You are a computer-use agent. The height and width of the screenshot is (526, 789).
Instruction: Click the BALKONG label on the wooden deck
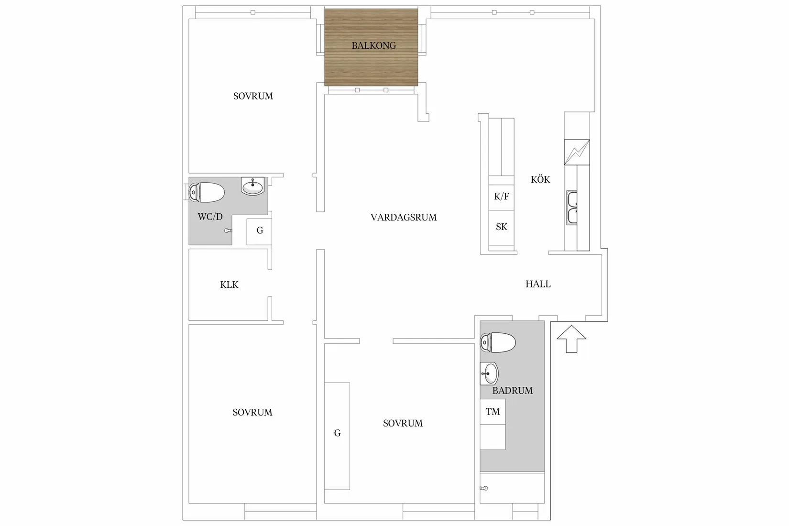coord(374,45)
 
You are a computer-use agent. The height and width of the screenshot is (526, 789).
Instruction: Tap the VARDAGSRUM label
coord(404,218)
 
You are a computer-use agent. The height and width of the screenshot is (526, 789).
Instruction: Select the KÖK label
coord(540,179)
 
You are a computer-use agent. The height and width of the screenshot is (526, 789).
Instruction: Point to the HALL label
coord(538,284)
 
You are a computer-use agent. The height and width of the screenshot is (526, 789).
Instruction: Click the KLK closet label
coord(230,285)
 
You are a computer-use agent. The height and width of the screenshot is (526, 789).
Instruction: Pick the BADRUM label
coord(513,390)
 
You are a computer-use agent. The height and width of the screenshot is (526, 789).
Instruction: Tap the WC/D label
coord(210,217)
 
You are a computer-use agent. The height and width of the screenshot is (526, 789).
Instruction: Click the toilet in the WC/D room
coord(207,192)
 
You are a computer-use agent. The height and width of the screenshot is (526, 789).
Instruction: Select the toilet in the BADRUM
coord(498,342)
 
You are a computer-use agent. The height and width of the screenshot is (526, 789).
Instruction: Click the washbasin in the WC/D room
coord(252,186)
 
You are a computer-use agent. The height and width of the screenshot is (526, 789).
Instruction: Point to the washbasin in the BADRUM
coord(489,373)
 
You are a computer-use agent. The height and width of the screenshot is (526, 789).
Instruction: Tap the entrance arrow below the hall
coord(571,339)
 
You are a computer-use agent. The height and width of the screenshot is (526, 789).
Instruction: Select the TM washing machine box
coord(493,412)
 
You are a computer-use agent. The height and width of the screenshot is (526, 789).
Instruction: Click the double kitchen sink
coord(572,208)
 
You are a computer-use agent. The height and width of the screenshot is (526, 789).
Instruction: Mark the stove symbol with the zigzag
coord(577,152)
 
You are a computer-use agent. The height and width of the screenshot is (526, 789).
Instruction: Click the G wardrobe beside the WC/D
coord(259,231)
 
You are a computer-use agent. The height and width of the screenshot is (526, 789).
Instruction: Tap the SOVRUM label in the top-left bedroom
coord(253,96)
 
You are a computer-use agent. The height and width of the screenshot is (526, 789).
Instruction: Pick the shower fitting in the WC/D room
coord(228,231)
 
